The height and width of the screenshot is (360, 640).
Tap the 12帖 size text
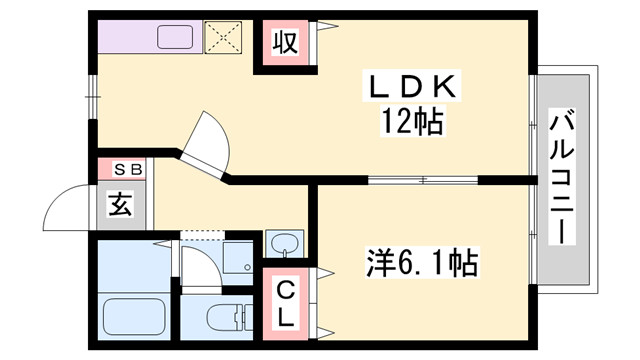[411, 123]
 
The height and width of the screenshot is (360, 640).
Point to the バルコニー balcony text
[563, 180]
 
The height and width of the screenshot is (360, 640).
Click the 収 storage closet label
[285, 43]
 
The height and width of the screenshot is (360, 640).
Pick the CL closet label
[285, 304]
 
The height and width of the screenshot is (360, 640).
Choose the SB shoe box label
[121, 170]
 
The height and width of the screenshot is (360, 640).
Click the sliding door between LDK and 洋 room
[422, 181]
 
